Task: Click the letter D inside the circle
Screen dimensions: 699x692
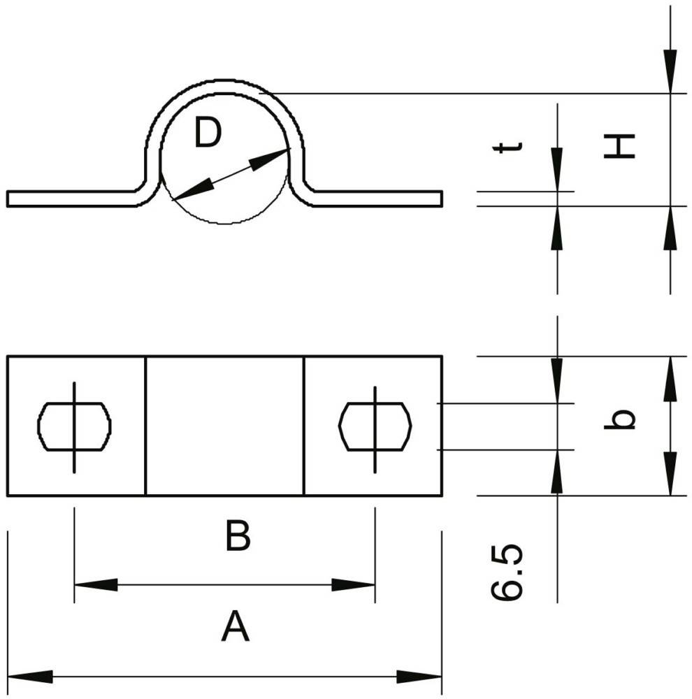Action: tap(208, 134)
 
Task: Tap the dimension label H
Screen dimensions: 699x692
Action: tap(619, 145)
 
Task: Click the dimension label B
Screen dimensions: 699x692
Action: tap(238, 538)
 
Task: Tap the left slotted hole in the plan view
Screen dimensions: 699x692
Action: tap(74, 425)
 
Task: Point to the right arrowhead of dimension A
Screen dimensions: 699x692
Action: tap(419, 676)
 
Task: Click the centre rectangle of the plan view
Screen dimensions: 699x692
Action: tap(224, 426)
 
